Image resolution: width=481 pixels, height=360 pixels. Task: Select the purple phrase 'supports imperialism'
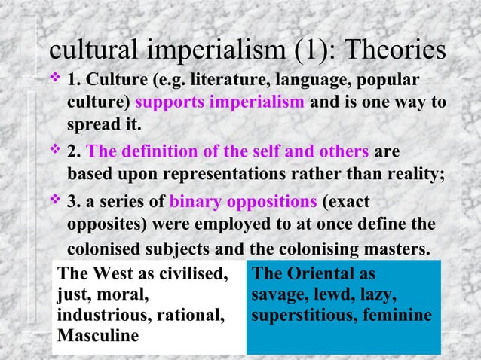click(219, 102)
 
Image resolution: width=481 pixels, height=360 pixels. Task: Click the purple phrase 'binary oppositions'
click(243, 203)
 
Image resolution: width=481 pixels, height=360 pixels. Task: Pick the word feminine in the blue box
click(395, 315)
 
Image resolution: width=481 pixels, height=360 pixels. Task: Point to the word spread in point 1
click(91, 123)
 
